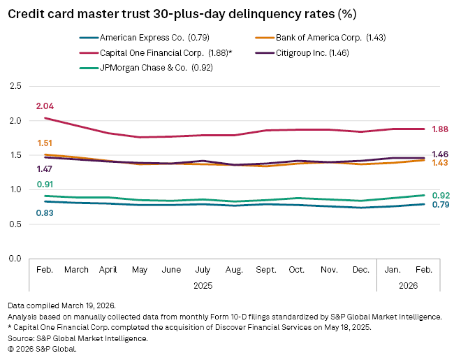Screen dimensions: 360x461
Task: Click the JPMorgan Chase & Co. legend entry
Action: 140,68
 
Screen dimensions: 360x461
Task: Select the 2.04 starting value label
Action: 45,106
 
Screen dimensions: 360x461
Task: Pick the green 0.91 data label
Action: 45,185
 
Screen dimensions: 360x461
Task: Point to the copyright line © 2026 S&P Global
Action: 42,349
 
